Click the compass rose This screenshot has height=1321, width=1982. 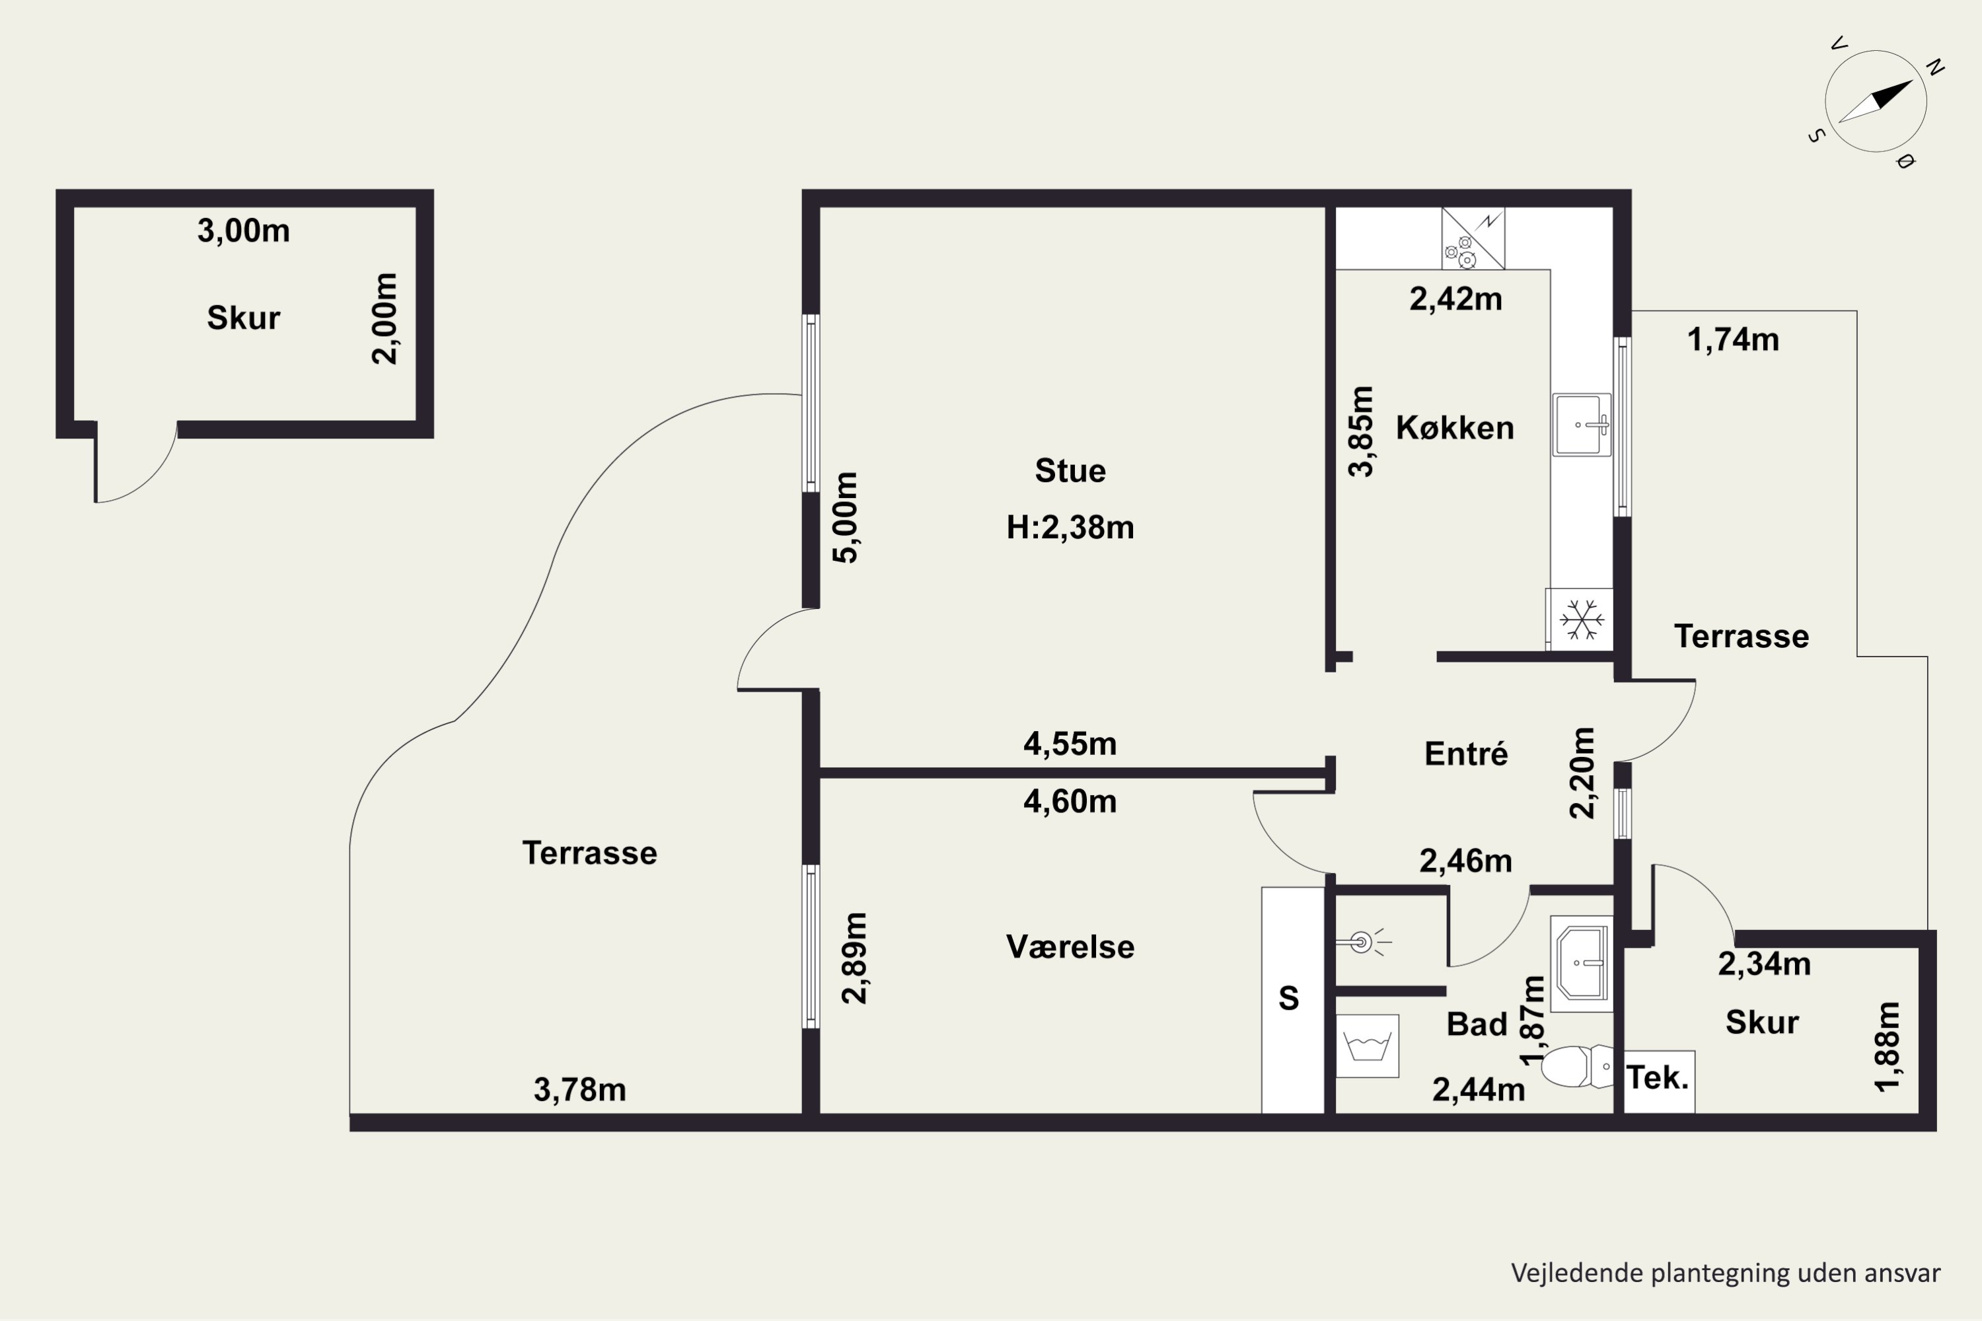pyautogui.click(x=1876, y=101)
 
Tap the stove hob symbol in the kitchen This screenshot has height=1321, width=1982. pyautogui.click(x=1472, y=238)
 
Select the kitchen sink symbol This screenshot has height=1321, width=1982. pyautogui.click(x=1582, y=425)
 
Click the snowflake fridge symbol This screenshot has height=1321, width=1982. pyautogui.click(x=1581, y=620)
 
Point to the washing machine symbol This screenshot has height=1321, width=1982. pyautogui.click(x=1367, y=1046)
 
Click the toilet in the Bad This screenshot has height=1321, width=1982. pyautogui.click(x=1576, y=1067)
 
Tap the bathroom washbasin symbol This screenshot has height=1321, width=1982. pyautogui.click(x=1582, y=964)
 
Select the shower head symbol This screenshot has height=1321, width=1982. pyautogui.click(x=1362, y=942)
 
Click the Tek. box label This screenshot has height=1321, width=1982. pyautogui.click(x=1658, y=1077)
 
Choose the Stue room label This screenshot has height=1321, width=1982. pyautogui.click(x=1070, y=470)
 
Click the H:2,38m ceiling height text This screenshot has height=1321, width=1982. pyautogui.click(x=1070, y=527)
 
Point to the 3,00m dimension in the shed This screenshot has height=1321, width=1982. pyautogui.click(x=244, y=231)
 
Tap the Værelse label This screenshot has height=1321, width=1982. pyautogui.click(x=1070, y=947)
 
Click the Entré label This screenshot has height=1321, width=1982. pyautogui.click(x=1466, y=753)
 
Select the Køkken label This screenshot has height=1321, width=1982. pyautogui.click(x=1455, y=428)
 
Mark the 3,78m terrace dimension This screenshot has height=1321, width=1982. pyautogui.click(x=580, y=1090)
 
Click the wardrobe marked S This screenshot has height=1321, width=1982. pyautogui.click(x=1293, y=1000)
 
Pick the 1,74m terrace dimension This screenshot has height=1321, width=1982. pyautogui.click(x=1734, y=339)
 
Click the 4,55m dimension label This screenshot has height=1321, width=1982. pyautogui.click(x=1070, y=744)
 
